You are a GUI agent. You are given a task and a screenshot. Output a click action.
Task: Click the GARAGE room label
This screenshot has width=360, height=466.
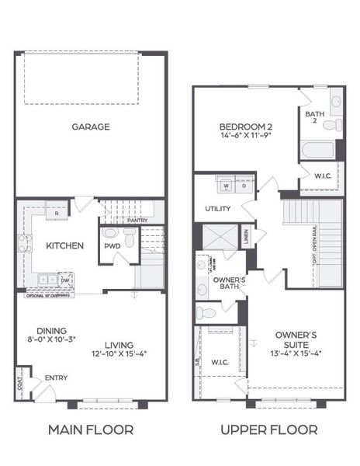[x=91, y=127]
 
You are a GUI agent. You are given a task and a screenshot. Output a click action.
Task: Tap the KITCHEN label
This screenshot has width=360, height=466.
[x=65, y=245]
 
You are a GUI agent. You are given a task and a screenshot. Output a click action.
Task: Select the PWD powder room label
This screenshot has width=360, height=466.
[x=113, y=246]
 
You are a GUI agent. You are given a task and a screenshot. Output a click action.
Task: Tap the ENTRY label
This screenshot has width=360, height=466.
[x=56, y=377]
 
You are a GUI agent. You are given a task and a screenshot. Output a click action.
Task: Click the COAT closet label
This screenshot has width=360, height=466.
[x=19, y=384]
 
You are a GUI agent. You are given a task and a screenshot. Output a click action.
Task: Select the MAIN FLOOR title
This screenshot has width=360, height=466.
[x=91, y=429]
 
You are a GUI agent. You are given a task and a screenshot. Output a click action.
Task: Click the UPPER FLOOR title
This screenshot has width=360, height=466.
[x=269, y=429]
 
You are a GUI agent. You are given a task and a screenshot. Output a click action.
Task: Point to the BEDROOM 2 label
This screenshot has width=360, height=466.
[x=244, y=127]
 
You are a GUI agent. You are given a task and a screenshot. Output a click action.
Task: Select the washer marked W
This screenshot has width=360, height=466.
[x=227, y=186]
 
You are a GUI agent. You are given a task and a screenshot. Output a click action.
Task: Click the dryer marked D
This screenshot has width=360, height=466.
[x=244, y=186]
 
